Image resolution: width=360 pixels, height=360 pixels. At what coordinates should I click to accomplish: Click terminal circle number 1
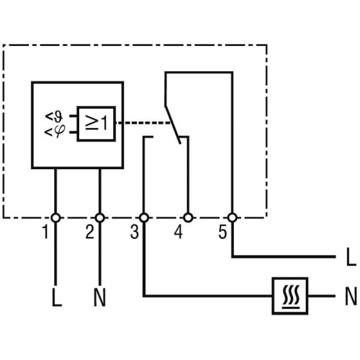tap(55, 218)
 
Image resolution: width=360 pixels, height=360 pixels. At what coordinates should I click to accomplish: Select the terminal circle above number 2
tap(100, 218)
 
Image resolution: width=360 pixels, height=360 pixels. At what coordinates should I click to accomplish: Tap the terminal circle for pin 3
tap(144, 218)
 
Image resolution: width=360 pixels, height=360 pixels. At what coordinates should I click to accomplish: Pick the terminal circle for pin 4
tap(188, 218)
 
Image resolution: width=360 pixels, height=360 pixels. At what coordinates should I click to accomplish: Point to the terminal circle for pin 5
tap(233, 218)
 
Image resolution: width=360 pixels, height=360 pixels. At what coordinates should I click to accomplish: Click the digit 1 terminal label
tap(45, 232)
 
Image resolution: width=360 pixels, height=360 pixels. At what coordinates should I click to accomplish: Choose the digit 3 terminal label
tap(135, 232)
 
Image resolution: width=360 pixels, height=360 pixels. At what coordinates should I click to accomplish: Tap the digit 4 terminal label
tap(179, 232)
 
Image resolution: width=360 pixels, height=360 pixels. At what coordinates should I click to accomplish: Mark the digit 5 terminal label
tap(222, 232)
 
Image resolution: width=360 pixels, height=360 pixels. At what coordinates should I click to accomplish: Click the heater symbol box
tap(290, 296)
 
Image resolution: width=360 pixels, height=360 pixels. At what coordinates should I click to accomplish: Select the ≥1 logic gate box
tap(96, 124)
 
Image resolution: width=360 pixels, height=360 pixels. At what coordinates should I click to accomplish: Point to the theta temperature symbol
tap(55, 117)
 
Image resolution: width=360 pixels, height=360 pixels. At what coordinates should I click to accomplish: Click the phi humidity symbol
tap(55, 132)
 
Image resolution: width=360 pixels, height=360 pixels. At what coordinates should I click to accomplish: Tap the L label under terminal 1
tap(57, 297)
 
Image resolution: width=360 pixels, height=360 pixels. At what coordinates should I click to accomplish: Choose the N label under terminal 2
tap(99, 297)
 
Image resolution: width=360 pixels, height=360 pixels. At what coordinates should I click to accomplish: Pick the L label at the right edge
tap(351, 256)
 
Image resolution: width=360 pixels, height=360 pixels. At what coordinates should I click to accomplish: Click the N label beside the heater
tap(351, 296)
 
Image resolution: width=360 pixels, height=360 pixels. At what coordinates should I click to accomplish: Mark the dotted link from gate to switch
tap(143, 123)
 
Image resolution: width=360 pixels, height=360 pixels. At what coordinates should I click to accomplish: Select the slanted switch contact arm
tap(173, 125)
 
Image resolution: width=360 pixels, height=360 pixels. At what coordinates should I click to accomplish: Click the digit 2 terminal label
tap(90, 232)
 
